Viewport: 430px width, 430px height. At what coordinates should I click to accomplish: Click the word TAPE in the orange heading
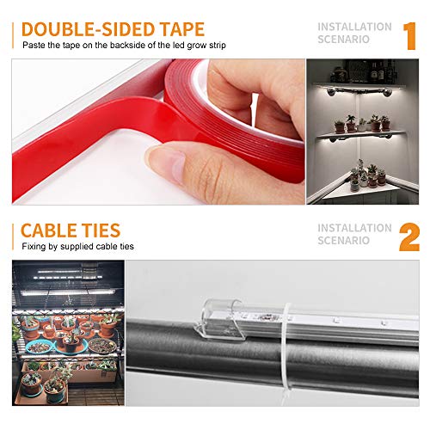[181, 29]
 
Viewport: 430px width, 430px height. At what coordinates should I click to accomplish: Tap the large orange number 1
[409, 36]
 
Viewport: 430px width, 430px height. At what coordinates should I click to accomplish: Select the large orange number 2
[409, 237]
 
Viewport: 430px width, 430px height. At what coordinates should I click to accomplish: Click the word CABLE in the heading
[48, 230]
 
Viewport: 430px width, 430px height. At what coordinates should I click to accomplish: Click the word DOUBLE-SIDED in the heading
[89, 29]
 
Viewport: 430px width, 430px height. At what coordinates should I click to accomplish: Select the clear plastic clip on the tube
[219, 319]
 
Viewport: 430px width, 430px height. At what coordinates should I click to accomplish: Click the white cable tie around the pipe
[287, 353]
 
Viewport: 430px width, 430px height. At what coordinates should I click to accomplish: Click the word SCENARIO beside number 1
[343, 40]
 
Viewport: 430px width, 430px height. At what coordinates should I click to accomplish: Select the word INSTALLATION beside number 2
[354, 228]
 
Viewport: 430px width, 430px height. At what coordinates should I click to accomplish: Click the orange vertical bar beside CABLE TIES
[13, 237]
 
